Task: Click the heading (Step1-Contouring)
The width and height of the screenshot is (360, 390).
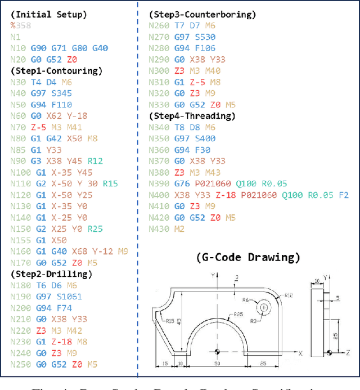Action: pyautogui.click(x=56, y=71)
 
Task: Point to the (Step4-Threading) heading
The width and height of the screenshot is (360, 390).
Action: pyautogui.click(x=192, y=116)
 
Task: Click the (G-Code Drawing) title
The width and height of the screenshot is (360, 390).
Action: pyautogui.click(x=248, y=258)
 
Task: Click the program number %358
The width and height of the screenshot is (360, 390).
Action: pyautogui.click(x=20, y=25)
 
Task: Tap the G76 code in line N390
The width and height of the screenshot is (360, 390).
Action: pyautogui.click(x=181, y=184)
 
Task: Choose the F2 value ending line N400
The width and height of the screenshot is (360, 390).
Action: pyautogui.click(x=344, y=195)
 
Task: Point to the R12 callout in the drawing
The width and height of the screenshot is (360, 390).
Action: pyautogui.click(x=289, y=295)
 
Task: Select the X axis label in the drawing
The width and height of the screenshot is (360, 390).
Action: pyautogui.click(x=301, y=353)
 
